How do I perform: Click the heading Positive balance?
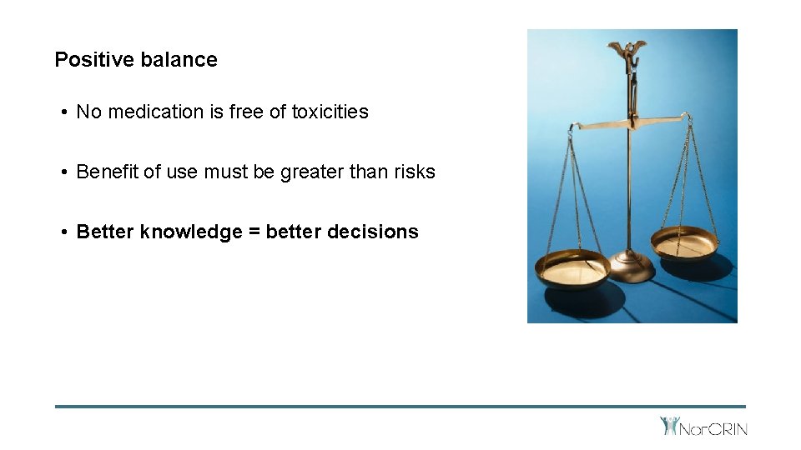point(136,60)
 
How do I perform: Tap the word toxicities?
point(330,112)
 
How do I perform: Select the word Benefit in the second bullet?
point(107,172)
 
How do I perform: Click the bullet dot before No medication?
point(64,112)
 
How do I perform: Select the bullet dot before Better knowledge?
point(64,232)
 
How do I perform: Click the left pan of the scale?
point(572,270)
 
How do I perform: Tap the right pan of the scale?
point(683,244)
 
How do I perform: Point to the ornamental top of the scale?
point(627,49)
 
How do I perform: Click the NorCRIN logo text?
point(713,429)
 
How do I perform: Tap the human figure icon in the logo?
point(669,426)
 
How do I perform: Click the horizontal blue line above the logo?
point(400,407)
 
